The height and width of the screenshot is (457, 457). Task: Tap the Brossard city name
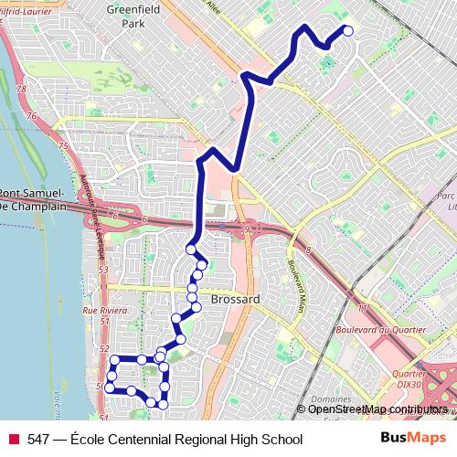(x=235, y=299)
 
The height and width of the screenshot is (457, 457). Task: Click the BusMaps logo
(x=413, y=439)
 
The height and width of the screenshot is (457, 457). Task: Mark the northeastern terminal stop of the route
(x=347, y=31)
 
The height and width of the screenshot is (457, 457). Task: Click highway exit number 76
(x=33, y=116)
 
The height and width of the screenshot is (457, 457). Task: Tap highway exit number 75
(x=62, y=146)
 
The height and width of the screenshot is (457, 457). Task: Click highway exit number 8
(x=309, y=250)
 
